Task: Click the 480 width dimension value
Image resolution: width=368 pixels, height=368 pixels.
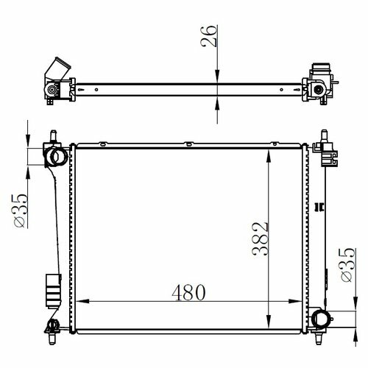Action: point(188,292)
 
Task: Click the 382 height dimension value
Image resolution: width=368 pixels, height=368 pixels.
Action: point(261,239)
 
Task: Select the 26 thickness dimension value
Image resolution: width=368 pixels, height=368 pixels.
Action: point(209,36)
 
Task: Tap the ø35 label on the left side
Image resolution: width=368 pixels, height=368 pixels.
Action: point(21,210)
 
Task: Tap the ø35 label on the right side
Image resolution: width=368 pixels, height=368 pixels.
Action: point(348,265)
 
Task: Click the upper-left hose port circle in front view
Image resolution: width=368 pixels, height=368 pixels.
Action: point(59,156)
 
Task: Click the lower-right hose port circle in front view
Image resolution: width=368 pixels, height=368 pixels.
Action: point(320,319)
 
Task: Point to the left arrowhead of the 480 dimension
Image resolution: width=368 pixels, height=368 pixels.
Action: point(82,301)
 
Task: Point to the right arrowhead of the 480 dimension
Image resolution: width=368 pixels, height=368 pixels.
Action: point(295,301)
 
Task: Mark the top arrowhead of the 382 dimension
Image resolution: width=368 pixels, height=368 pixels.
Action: point(269,157)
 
